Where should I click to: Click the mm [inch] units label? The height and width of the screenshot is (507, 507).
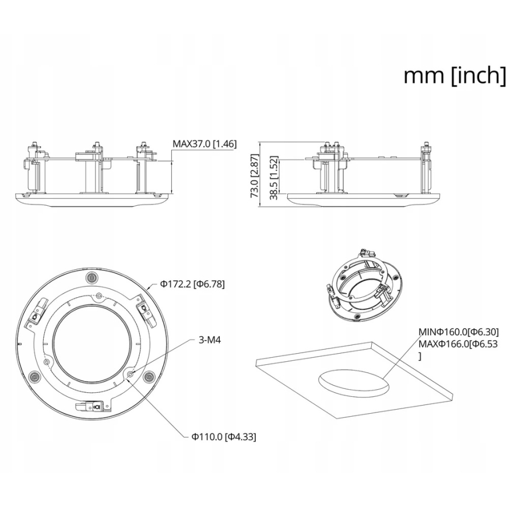[x=455, y=76]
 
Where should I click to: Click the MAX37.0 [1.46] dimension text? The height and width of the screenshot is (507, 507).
[x=205, y=143]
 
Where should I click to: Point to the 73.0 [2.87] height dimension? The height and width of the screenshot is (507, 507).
[x=255, y=175]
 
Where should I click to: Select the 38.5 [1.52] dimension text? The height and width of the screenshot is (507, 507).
[x=274, y=178]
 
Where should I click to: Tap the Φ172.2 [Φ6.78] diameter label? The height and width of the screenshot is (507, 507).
[x=192, y=284]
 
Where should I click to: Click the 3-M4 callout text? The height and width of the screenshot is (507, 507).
[x=210, y=340]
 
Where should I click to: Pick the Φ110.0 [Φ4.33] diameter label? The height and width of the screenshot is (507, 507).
[x=224, y=437]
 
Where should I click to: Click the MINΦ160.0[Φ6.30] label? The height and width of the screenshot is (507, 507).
[x=459, y=332]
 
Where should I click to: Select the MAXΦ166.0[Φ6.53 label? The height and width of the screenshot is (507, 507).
[x=458, y=344]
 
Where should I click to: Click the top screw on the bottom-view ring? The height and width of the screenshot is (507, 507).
[x=92, y=277]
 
